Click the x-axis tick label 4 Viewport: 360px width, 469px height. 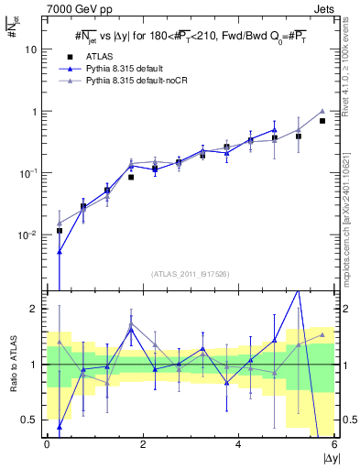click(x=238, y=444)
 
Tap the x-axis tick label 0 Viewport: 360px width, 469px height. click(x=47, y=444)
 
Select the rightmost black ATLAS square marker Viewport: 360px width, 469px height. click(x=322, y=121)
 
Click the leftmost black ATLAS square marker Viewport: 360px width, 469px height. click(x=60, y=231)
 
